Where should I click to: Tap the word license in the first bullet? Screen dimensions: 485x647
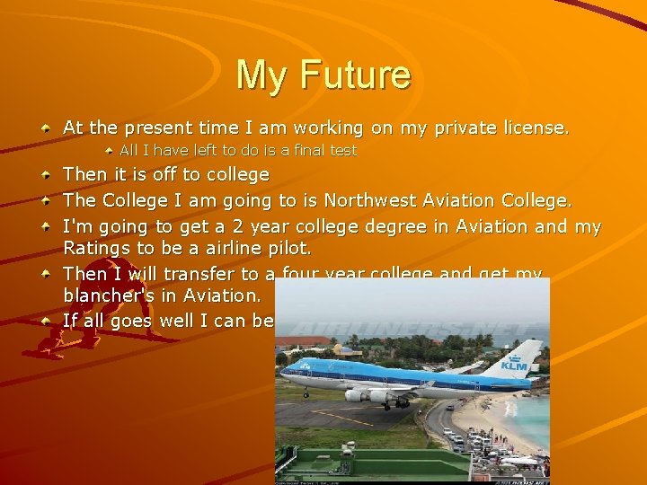[533, 128]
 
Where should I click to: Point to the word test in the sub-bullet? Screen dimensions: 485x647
[342, 150]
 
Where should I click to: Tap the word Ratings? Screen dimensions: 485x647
[94, 246]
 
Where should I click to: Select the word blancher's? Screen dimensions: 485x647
[109, 295]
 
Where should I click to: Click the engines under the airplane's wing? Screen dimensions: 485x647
[368, 395]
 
